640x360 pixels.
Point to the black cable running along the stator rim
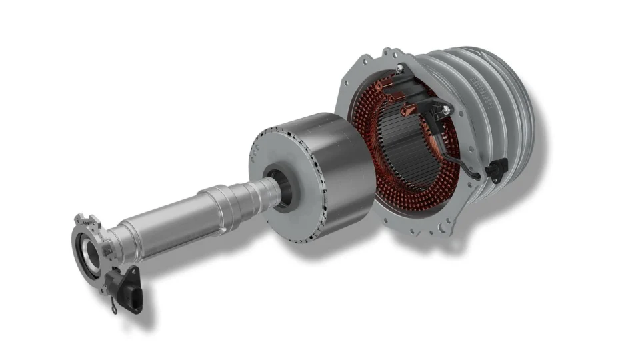click(467, 157)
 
